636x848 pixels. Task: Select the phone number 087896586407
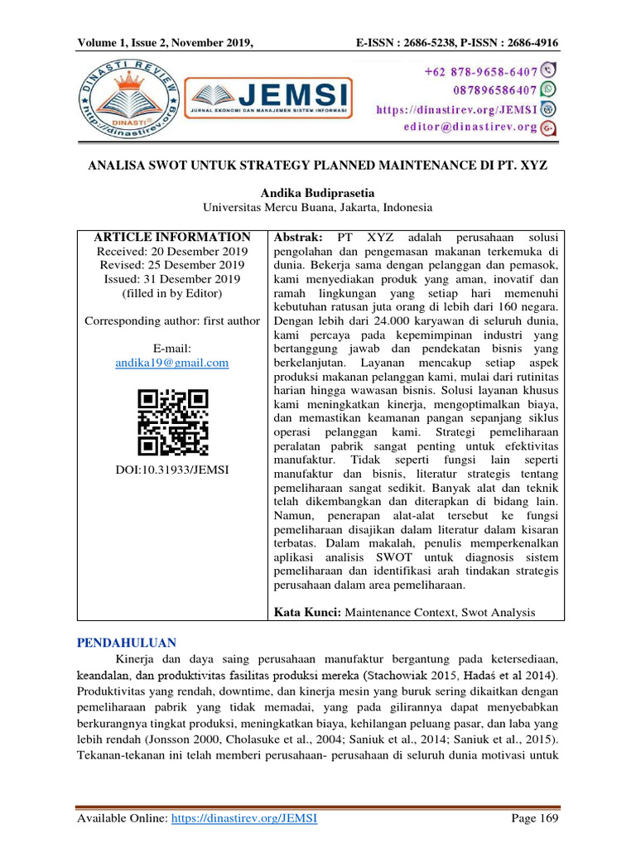click(x=482, y=90)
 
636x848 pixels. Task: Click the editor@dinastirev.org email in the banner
click(x=470, y=127)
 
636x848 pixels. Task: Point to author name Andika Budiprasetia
click(x=318, y=192)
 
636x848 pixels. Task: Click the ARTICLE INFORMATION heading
click(x=172, y=237)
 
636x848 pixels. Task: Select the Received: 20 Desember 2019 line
click(x=172, y=251)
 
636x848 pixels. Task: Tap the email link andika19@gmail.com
click(x=172, y=363)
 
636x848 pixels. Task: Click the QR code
click(x=172, y=423)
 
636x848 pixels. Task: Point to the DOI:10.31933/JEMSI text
click(x=172, y=470)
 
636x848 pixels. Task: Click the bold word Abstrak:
click(x=298, y=237)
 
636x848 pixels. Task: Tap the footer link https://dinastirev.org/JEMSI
click(x=244, y=818)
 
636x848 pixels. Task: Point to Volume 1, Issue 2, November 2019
click(x=164, y=43)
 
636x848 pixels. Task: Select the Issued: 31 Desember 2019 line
click(x=172, y=278)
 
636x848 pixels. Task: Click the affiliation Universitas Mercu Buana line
click(x=318, y=207)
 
